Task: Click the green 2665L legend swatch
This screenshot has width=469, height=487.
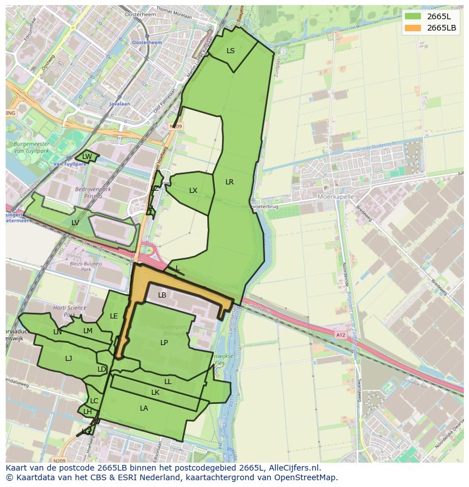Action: tap(413, 16)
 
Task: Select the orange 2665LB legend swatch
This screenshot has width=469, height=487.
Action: tap(413, 28)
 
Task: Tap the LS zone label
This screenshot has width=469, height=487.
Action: tap(231, 51)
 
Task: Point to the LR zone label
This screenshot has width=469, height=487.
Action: tap(229, 182)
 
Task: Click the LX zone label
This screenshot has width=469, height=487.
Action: tap(193, 191)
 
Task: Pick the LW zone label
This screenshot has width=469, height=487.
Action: tap(87, 157)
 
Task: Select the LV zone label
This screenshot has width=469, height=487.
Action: tap(75, 223)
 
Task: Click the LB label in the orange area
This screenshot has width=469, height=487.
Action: tap(162, 295)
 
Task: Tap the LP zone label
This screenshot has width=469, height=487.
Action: tap(164, 343)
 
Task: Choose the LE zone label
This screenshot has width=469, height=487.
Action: tap(114, 316)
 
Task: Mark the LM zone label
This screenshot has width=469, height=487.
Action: tap(88, 331)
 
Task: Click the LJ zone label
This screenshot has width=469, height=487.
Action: tap(69, 359)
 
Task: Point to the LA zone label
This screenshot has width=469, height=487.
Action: tap(144, 408)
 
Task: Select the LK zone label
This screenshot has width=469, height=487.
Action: tap(155, 393)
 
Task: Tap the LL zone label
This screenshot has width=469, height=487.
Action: tap(168, 382)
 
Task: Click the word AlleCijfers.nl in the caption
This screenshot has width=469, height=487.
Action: tap(295, 468)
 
